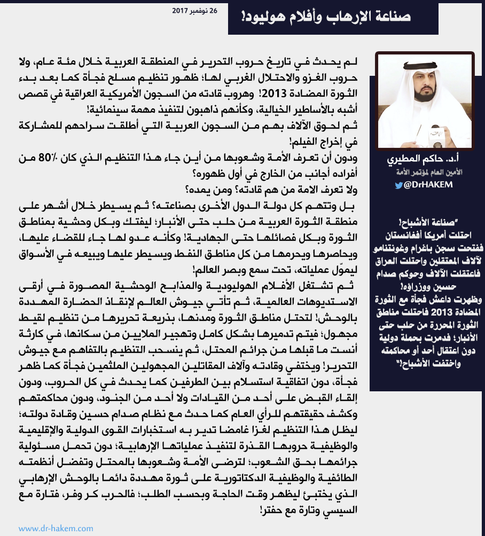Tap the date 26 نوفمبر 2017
[195, 10]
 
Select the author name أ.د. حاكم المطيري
[425, 161]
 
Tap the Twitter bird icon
[399, 185]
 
